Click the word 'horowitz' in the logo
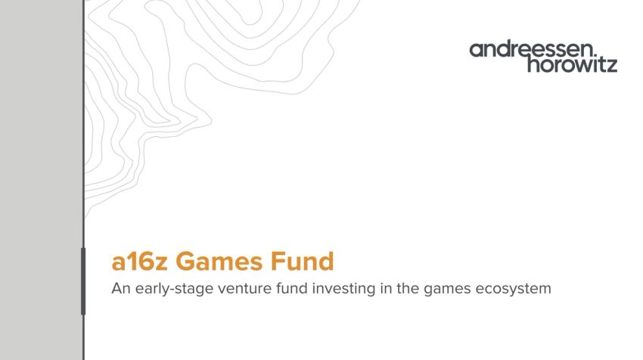[572, 65]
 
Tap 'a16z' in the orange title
[140, 262]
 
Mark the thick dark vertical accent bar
[83, 281]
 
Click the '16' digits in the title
[140, 262]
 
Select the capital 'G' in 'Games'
[187, 262]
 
